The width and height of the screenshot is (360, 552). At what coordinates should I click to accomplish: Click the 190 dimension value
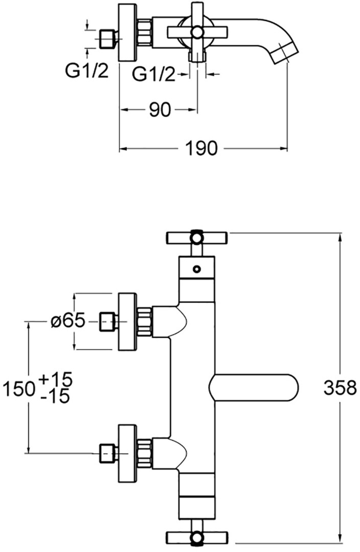pyautogui.click(x=201, y=149)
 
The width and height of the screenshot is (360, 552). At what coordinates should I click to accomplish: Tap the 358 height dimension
pyautogui.click(x=340, y=388)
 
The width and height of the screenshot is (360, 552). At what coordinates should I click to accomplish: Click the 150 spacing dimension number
pyautogui.click(x=19, y=389)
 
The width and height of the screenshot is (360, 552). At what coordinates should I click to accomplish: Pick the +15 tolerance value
pyautogui.click(x=56, y=379)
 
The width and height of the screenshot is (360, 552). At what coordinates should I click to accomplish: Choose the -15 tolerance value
pyautogui.click(x=55, y=397)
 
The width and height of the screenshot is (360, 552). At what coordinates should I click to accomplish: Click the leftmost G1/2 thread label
pyautogui.click(x=86, y=72)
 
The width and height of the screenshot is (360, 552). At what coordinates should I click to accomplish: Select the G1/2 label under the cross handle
pyautogui.click(x=153, y=74)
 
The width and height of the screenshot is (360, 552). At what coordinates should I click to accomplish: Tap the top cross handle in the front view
pyautogui.click(x=197, y=238)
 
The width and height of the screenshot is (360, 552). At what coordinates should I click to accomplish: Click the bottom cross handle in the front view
pyautogui.click(x=197, y=538)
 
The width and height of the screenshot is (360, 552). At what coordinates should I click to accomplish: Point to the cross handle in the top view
pyautogui.click(x=197, y=32)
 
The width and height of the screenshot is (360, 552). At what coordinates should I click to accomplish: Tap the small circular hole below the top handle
pyautogui.click(x=196, y=269)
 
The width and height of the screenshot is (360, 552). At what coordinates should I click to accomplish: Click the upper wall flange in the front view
pyautogui.click(x=127, y=321)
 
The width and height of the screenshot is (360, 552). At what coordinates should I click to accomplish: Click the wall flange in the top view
pyautogui.click(x=127, y=32)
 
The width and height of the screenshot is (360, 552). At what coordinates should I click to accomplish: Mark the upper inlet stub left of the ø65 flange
pyautogui.click(x=108, y=321)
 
